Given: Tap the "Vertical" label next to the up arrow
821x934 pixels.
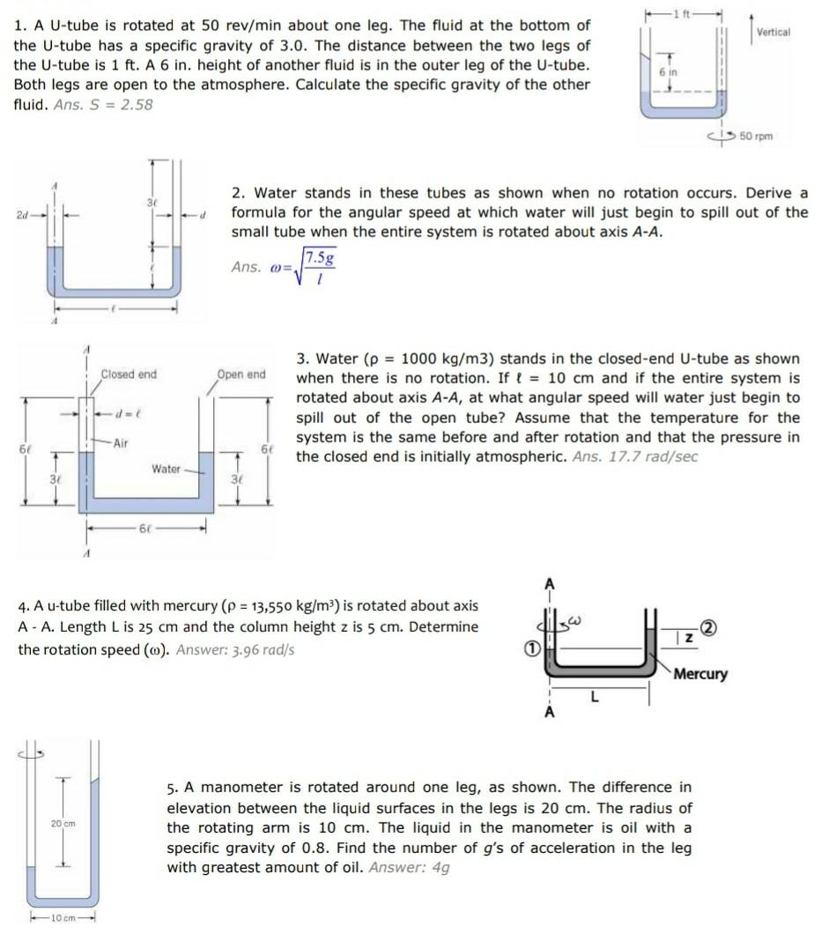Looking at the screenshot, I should pyautogui.click(x=774, y=32).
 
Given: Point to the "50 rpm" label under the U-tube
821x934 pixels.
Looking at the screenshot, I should pyautogui.click(x=757, y=137).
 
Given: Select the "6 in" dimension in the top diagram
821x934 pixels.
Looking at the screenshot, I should pyautogui.click(x=667, y=72).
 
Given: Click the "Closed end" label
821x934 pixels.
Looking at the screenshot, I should pyautogui.click(x=129, y=374).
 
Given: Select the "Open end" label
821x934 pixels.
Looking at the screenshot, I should pyautogui.click(x=241, y=374).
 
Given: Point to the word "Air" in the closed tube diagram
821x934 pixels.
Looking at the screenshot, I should pyautogui.click(x=121, y=443).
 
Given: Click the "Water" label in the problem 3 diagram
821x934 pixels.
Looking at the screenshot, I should pyautogui.click(x=166, y=469).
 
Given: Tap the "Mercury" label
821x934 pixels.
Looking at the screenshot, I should pyautogui.click(x=700, y=674).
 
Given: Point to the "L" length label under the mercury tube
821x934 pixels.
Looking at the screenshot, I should pyautogui.click(x=595, y=697).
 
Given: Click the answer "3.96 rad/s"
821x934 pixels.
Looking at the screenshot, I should pyautogui.click(x=235, y=649).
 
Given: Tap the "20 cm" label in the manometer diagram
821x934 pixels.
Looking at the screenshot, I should pyautogui.click(x=62, y=823).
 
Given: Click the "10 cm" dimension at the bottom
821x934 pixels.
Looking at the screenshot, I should pyautogui.click(x=63, y=918).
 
